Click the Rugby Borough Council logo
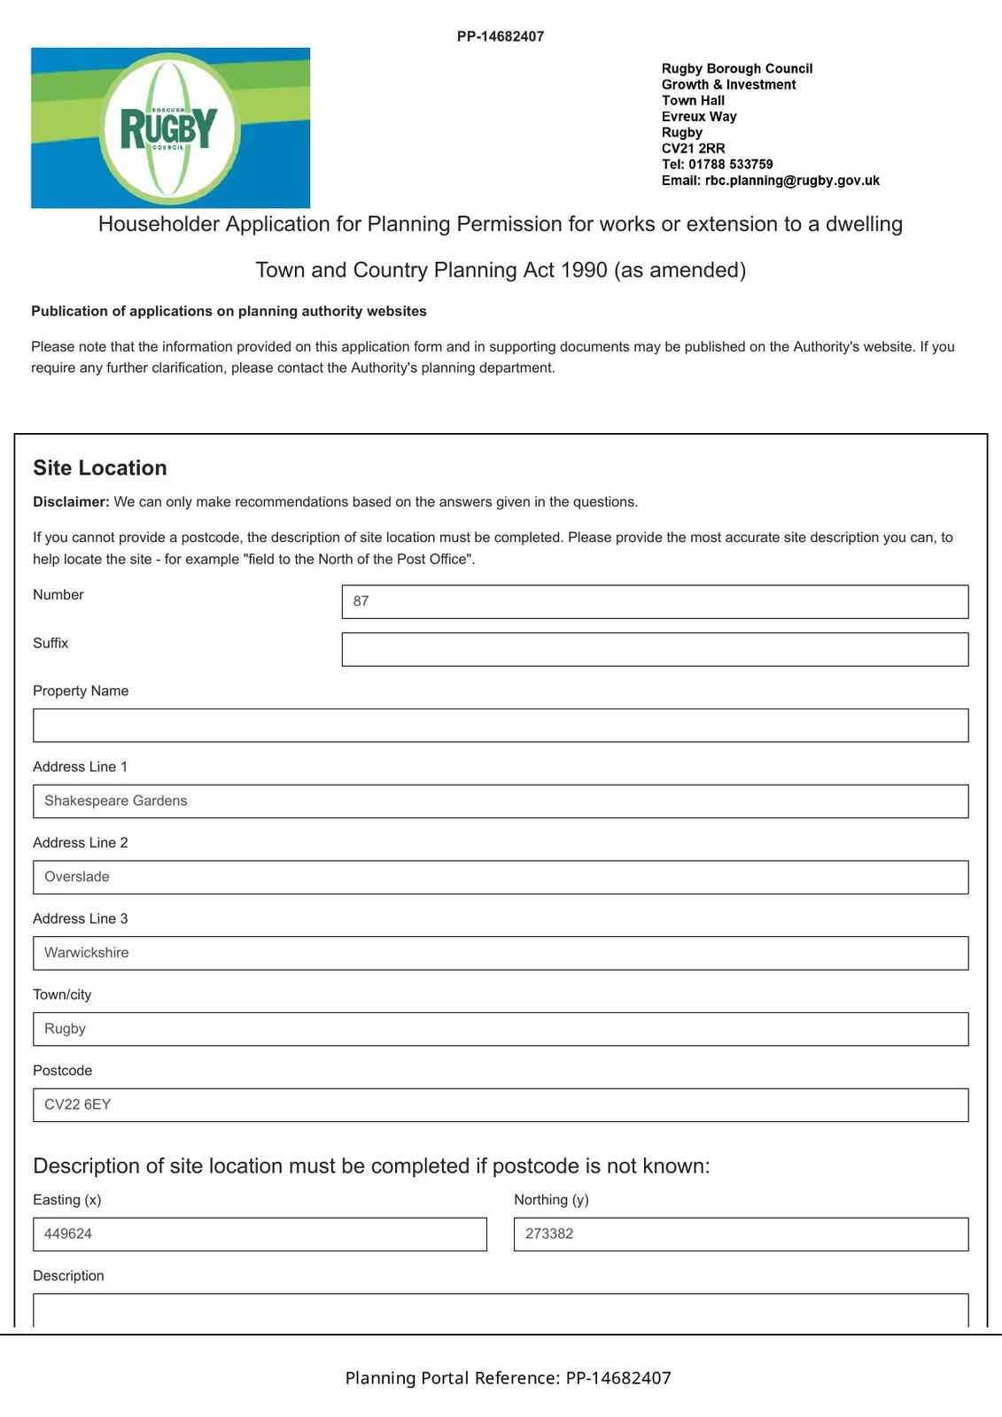click(x=170, y=128)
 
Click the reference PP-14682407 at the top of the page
click(x=501, y=36)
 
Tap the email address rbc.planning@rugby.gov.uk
click(x=791, y=181)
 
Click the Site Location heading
click(x=100, y=468)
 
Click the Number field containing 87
click(x=655, y=601)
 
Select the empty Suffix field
click(x=655, y=649)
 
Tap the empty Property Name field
click(x=501, y=725)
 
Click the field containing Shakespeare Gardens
click(x=501, y=801)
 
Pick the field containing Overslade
click(x=501, y=877)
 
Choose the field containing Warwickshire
click(x=501, y=953)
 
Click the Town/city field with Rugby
click(x=501, y=1029)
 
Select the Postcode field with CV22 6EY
click(x=501, y=1105)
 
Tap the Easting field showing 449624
click(x=260, y=1235)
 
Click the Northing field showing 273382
click(x=741, y=1235)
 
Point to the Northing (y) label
click(x=551, y=1200)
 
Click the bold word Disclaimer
click(x=71, y=502)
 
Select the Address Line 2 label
click(x=81, y=843)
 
